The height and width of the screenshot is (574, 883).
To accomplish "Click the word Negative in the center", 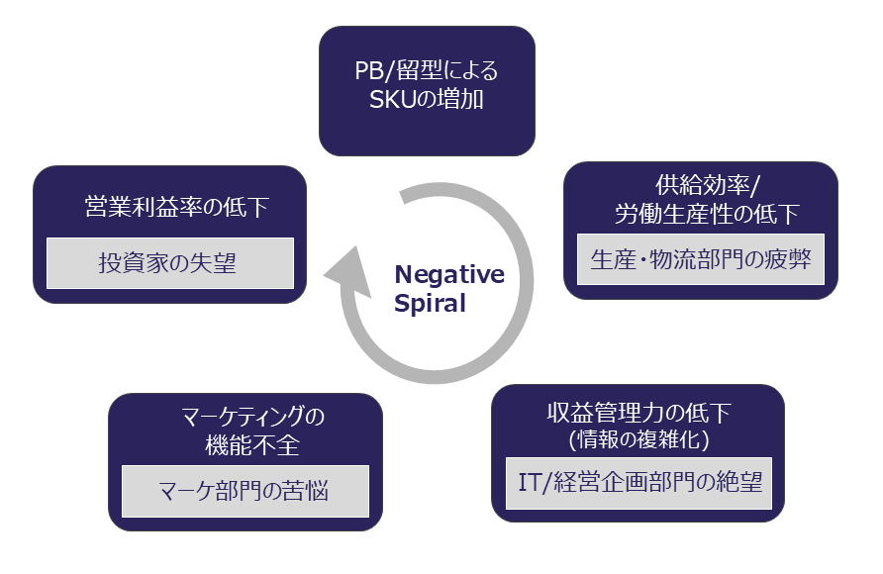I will click(x=449, y=274).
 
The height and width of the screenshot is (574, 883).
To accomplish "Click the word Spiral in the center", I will click(x=430, y=304).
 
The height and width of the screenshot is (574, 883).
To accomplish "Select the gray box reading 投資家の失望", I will click(x=169, y=263).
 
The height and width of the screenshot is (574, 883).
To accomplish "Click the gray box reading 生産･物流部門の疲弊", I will click(x=700, y=259).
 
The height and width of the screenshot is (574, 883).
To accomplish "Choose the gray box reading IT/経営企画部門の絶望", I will click(x=639, y=483).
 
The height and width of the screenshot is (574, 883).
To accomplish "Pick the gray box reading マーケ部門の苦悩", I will click(x=245, y=491).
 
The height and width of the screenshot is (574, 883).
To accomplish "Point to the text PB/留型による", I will click(x=427, y=72).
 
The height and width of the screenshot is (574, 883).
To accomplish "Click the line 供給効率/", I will click(x=701, y=186).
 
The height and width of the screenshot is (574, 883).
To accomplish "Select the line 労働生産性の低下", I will click(x=701, y=213).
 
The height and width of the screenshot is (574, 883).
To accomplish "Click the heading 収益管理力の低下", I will click(x=639, y=412).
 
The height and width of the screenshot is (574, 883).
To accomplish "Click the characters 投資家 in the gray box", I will click(x=137, y=263).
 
